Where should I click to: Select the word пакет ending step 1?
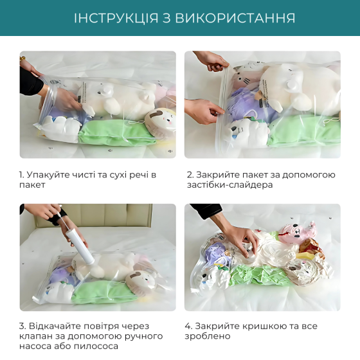tap(33, 185)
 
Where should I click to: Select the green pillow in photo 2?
tap(302, 130)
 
